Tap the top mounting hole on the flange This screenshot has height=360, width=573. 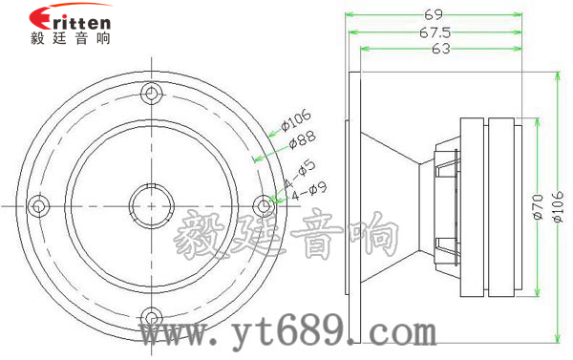click(x=151, y=93)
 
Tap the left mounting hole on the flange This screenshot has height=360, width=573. click(x=38, y=204)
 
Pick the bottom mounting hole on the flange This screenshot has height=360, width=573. click(x=151, y=316)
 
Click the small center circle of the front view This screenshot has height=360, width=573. click(x=151, y=204)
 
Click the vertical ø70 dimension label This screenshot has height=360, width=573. click(x=538, y=208)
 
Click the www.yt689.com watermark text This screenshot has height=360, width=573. click(x=286, y=333)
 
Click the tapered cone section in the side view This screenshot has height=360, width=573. click(x=392, y=206)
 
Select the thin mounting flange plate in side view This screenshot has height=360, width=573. click(x=355, y=206)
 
